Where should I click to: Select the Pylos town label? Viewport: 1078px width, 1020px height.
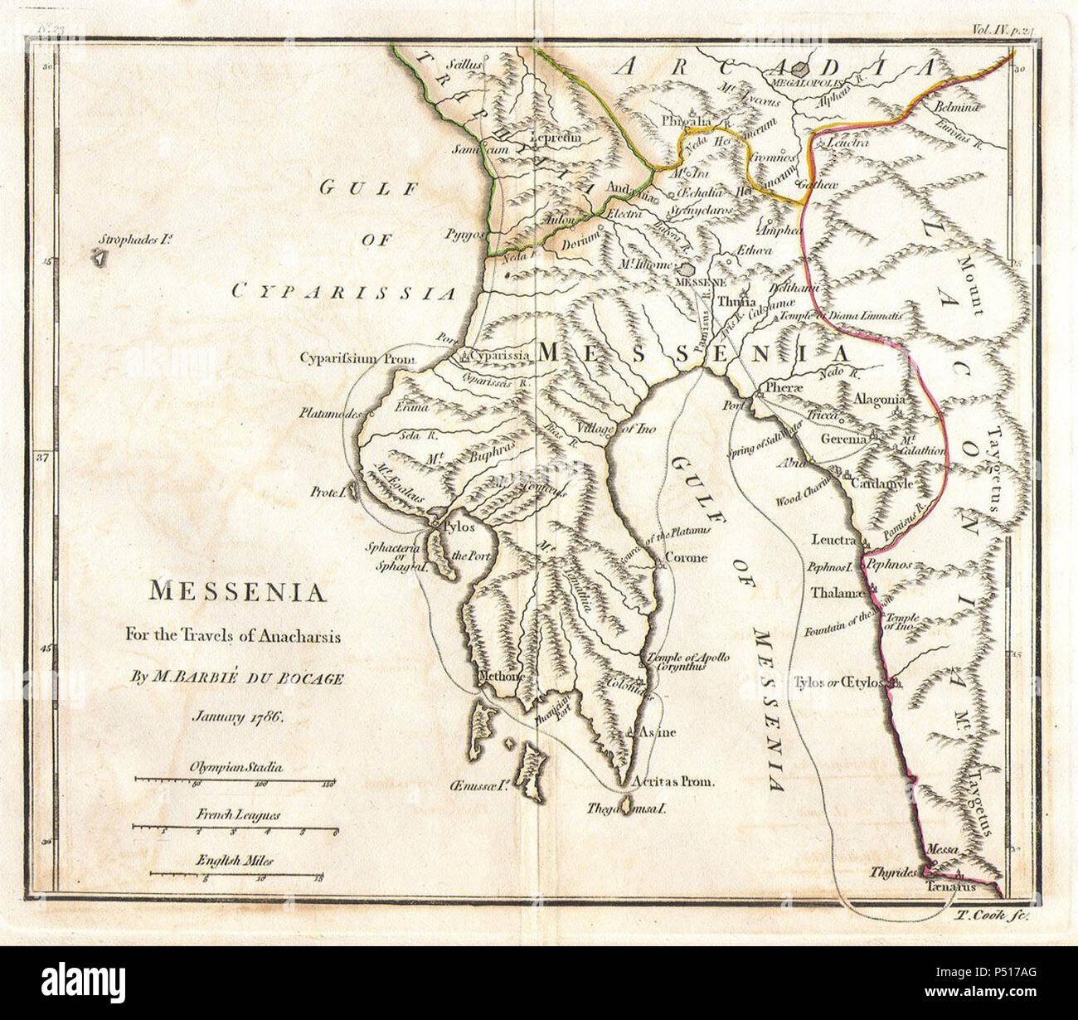[x=459, y=527]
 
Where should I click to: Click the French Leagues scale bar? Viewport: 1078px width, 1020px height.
[x=236, y=827]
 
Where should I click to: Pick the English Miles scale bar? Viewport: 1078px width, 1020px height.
[x=236, y=873]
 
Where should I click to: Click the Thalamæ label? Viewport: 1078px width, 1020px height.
[x=838, y=594]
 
